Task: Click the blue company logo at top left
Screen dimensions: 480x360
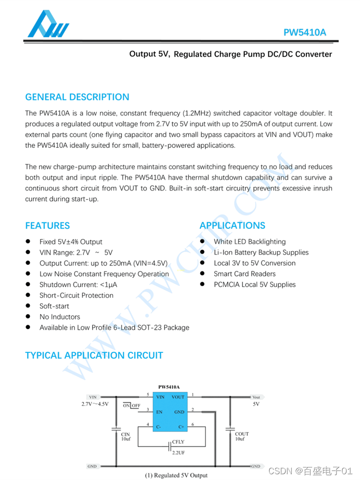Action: (x=48, y=24)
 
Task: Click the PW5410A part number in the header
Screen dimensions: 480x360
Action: (x=305, y=33)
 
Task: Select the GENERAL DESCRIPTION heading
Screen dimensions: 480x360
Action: (x=77, y=97)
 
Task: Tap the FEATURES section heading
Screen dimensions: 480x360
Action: (x=47, y=226)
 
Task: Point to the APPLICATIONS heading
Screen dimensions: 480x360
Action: (x=232, y=226)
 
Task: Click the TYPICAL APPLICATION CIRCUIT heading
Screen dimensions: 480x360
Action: (x=94, y=356)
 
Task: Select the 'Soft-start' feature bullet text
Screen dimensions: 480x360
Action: (x=54, y=306)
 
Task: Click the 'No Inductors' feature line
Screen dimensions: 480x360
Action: (x=60, y=317)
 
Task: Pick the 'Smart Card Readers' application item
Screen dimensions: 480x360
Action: (x=245, y=274)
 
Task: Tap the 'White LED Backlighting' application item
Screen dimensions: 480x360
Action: (x=250, y=242)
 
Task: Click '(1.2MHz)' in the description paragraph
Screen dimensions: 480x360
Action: (x=195, y=114)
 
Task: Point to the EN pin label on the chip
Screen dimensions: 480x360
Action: (x=160, y=412)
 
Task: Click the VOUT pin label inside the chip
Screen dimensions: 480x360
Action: (x=178, y=397)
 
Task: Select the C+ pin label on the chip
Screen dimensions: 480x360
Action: (x=181, y=427)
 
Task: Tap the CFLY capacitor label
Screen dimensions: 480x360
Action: (x=178, y=442)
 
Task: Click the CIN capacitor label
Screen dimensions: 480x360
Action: (x=125, y=434)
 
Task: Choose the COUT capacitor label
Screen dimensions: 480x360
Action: (x=242, y=434)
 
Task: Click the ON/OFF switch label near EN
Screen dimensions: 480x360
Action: (x=132, y=406)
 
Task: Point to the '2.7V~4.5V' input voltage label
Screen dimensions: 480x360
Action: (x=95, y=404)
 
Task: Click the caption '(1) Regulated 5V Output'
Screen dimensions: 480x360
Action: (x=177, y=475)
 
